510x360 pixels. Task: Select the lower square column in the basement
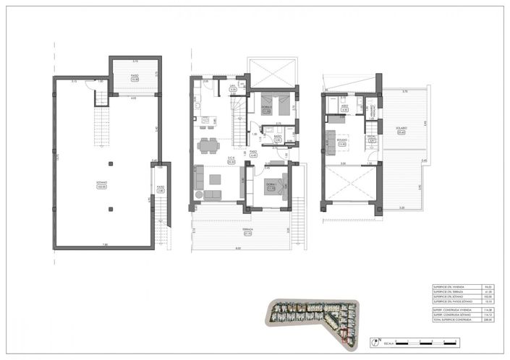pyautogui.click(x=109, y=210)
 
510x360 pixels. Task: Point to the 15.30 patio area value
pyautogui.click(x=134, y=80)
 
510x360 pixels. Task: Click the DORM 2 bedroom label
pyautogui.click(x=265, y=108)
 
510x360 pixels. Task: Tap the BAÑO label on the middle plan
pyautogui.click(x=278, y=135)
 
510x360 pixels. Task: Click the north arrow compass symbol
pyautogui.click(x=378, y=339)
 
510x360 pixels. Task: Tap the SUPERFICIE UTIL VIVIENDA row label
pyautogui.click(x=447, y=286)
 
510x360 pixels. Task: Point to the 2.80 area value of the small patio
pyautogui.click(x=161, y=191)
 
